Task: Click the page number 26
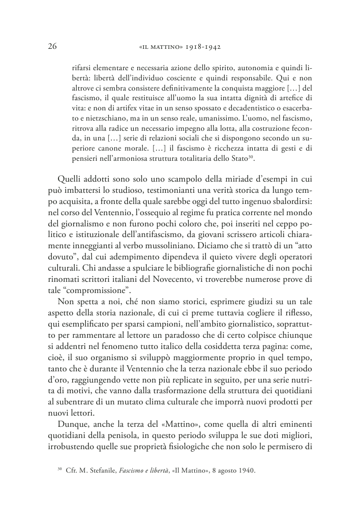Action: click(x=51, y=47)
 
